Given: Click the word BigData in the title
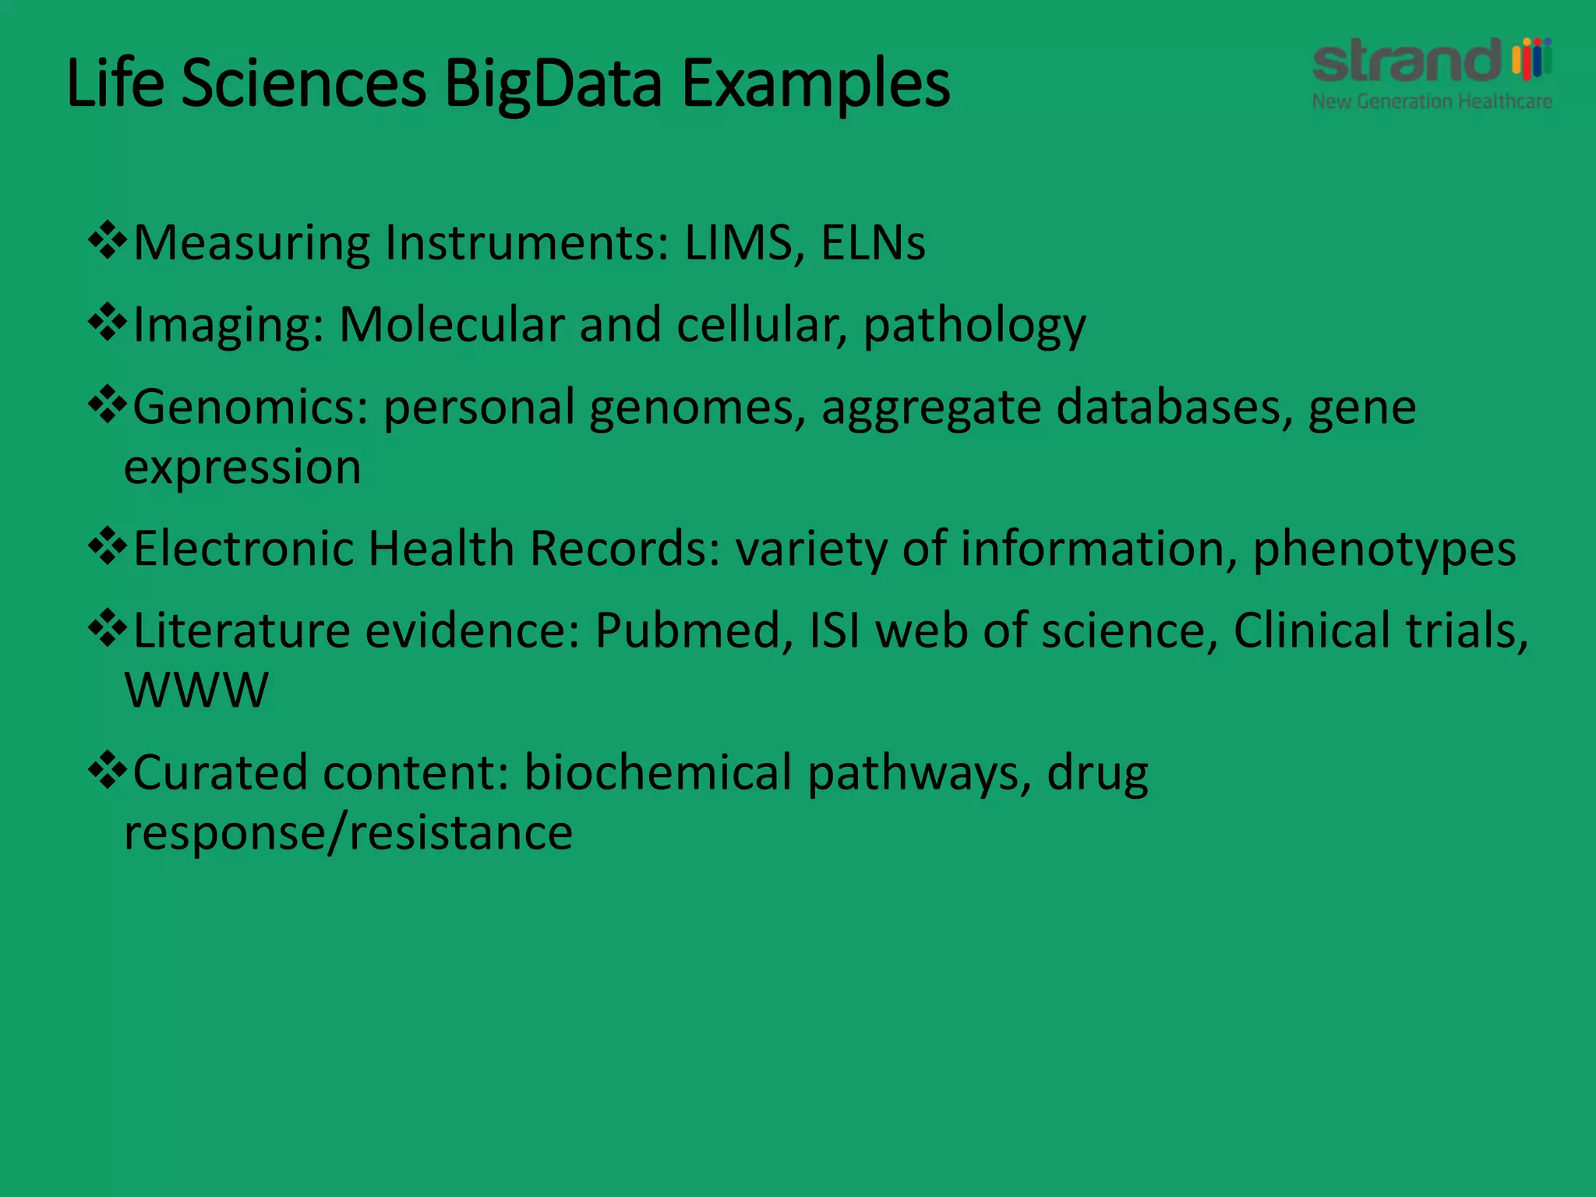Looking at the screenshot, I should coord(553,83).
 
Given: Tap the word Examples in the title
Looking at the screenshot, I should coord(815,83).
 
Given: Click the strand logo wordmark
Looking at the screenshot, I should coord(1407,61).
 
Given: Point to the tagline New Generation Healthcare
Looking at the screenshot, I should coord(1432,101).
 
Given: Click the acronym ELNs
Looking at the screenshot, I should coord(873,242).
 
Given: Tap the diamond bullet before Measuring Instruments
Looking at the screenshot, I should coord(108,241).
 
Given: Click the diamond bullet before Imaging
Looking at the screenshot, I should coord(108,323).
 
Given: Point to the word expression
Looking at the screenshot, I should coord(242,467).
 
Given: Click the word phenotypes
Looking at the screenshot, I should coord(1384,549).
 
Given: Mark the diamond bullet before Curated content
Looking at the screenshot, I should coord(108,771).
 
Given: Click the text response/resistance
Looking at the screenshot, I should coord(348,832).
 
